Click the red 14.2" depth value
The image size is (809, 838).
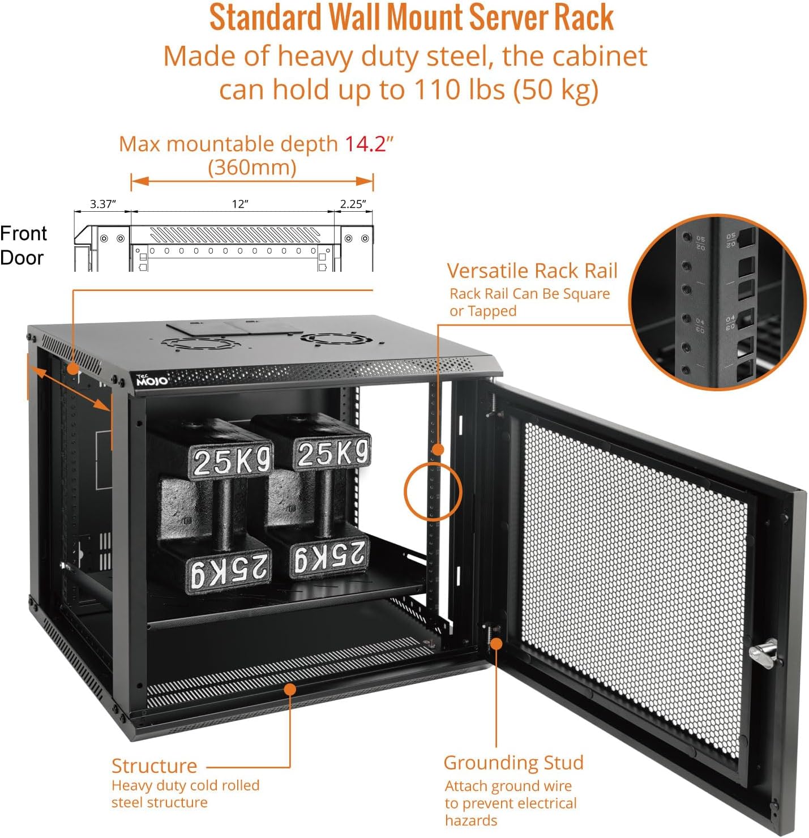tap(369, 144)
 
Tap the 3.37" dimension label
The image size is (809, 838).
tap(102, 204)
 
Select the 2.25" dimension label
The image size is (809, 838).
tap(353, 204)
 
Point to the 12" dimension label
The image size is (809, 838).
tap(240, 204)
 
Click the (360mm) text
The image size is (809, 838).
tap(252, 168)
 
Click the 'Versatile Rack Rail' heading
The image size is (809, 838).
tap(532, 271)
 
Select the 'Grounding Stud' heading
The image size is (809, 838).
tap(513, 763)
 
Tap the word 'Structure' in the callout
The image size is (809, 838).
tap(154, 766)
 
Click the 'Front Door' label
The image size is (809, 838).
tap(23, 245)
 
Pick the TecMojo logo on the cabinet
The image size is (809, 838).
tap(152, 380)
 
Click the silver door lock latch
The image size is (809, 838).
tap(764, 653)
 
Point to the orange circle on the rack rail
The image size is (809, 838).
tap(433, 491)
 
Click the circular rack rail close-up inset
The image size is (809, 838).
tap(717, 302)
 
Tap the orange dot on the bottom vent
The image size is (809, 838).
tap(290, 689)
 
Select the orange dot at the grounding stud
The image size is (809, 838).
tap(496, 643)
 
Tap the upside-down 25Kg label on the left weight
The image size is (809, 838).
tap(229, 569)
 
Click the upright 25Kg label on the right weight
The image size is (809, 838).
tap(332, 453)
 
